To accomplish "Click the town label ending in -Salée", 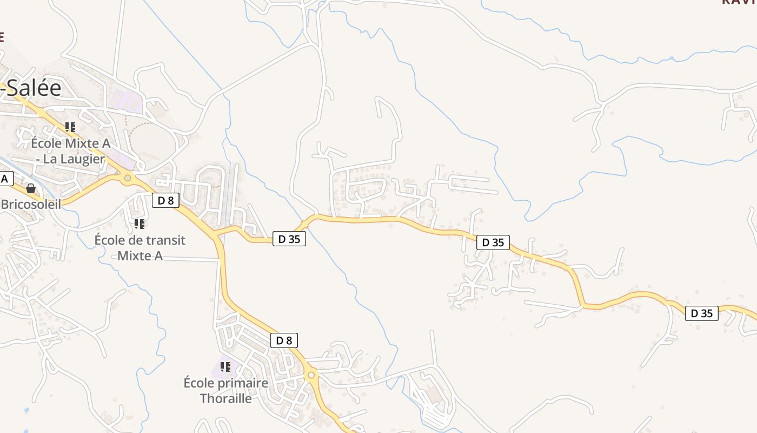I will click(x=31, y=88).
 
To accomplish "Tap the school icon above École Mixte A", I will click(x=70, y=127).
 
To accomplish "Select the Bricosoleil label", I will click(x=31, y=204).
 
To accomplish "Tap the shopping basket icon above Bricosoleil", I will click(x=31, y=188).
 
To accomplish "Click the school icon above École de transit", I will click(x=140, y=224).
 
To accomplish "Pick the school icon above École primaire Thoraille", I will click(x=225, y=368).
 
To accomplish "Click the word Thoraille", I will click(x=226, y=398).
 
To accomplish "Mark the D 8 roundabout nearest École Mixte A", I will click(x=128, y=178).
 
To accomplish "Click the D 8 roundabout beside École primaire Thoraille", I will click(x=311, y=375).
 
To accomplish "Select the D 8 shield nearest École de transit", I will click(x=165, y=200).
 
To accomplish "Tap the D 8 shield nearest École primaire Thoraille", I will click(x=284, y=340).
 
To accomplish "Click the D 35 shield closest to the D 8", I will click(x=289, y=239).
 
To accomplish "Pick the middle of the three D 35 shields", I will click(x=493, y=242).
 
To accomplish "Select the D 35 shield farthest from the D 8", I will click(x=702, y=313).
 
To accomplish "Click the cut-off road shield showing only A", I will click(x=6, y=179).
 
